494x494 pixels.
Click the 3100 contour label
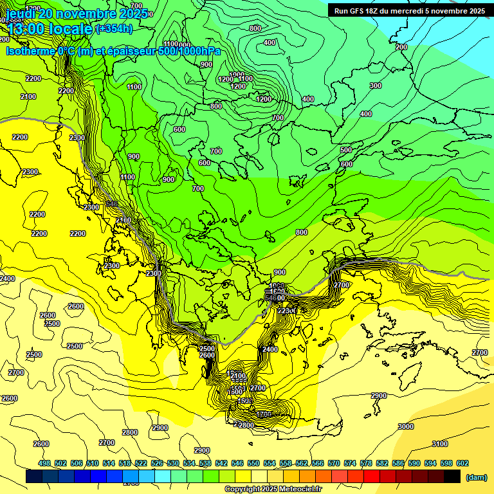tap(439, 444)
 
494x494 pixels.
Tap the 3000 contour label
tap(405, 426)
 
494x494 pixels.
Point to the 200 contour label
tap(401, 47)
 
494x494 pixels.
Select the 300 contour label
tap(376, 86)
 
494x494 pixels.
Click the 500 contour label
tap(346, 150)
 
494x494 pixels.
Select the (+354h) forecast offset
tap(114, 29)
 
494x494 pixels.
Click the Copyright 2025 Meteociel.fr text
tap(273, 489)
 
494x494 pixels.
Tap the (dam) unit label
tap(475, 477)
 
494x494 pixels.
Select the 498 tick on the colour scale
tap(44, 463)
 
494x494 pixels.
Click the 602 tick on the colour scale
tap(462, 463)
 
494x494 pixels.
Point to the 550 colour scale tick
tap(253, 463)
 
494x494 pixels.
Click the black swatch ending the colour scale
tap(452, 476)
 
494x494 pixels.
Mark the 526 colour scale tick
tap(157, 463)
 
